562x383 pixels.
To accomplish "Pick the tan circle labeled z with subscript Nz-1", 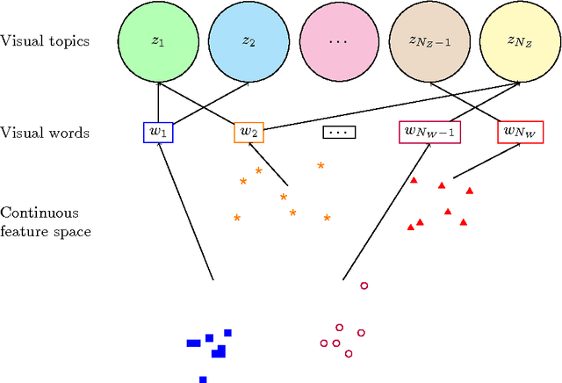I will tap(427, 41).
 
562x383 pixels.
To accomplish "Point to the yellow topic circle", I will tap(517, 41).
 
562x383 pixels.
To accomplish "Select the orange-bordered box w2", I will tap(249, 133).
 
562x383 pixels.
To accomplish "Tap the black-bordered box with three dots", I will tap(337, 133).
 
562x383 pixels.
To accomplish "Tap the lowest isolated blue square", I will tap(203, 379).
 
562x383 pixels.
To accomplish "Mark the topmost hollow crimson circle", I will tap(364, 285).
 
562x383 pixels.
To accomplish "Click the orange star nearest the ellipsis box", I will tap(321, 165).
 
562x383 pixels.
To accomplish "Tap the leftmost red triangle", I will tap(410, 227).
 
